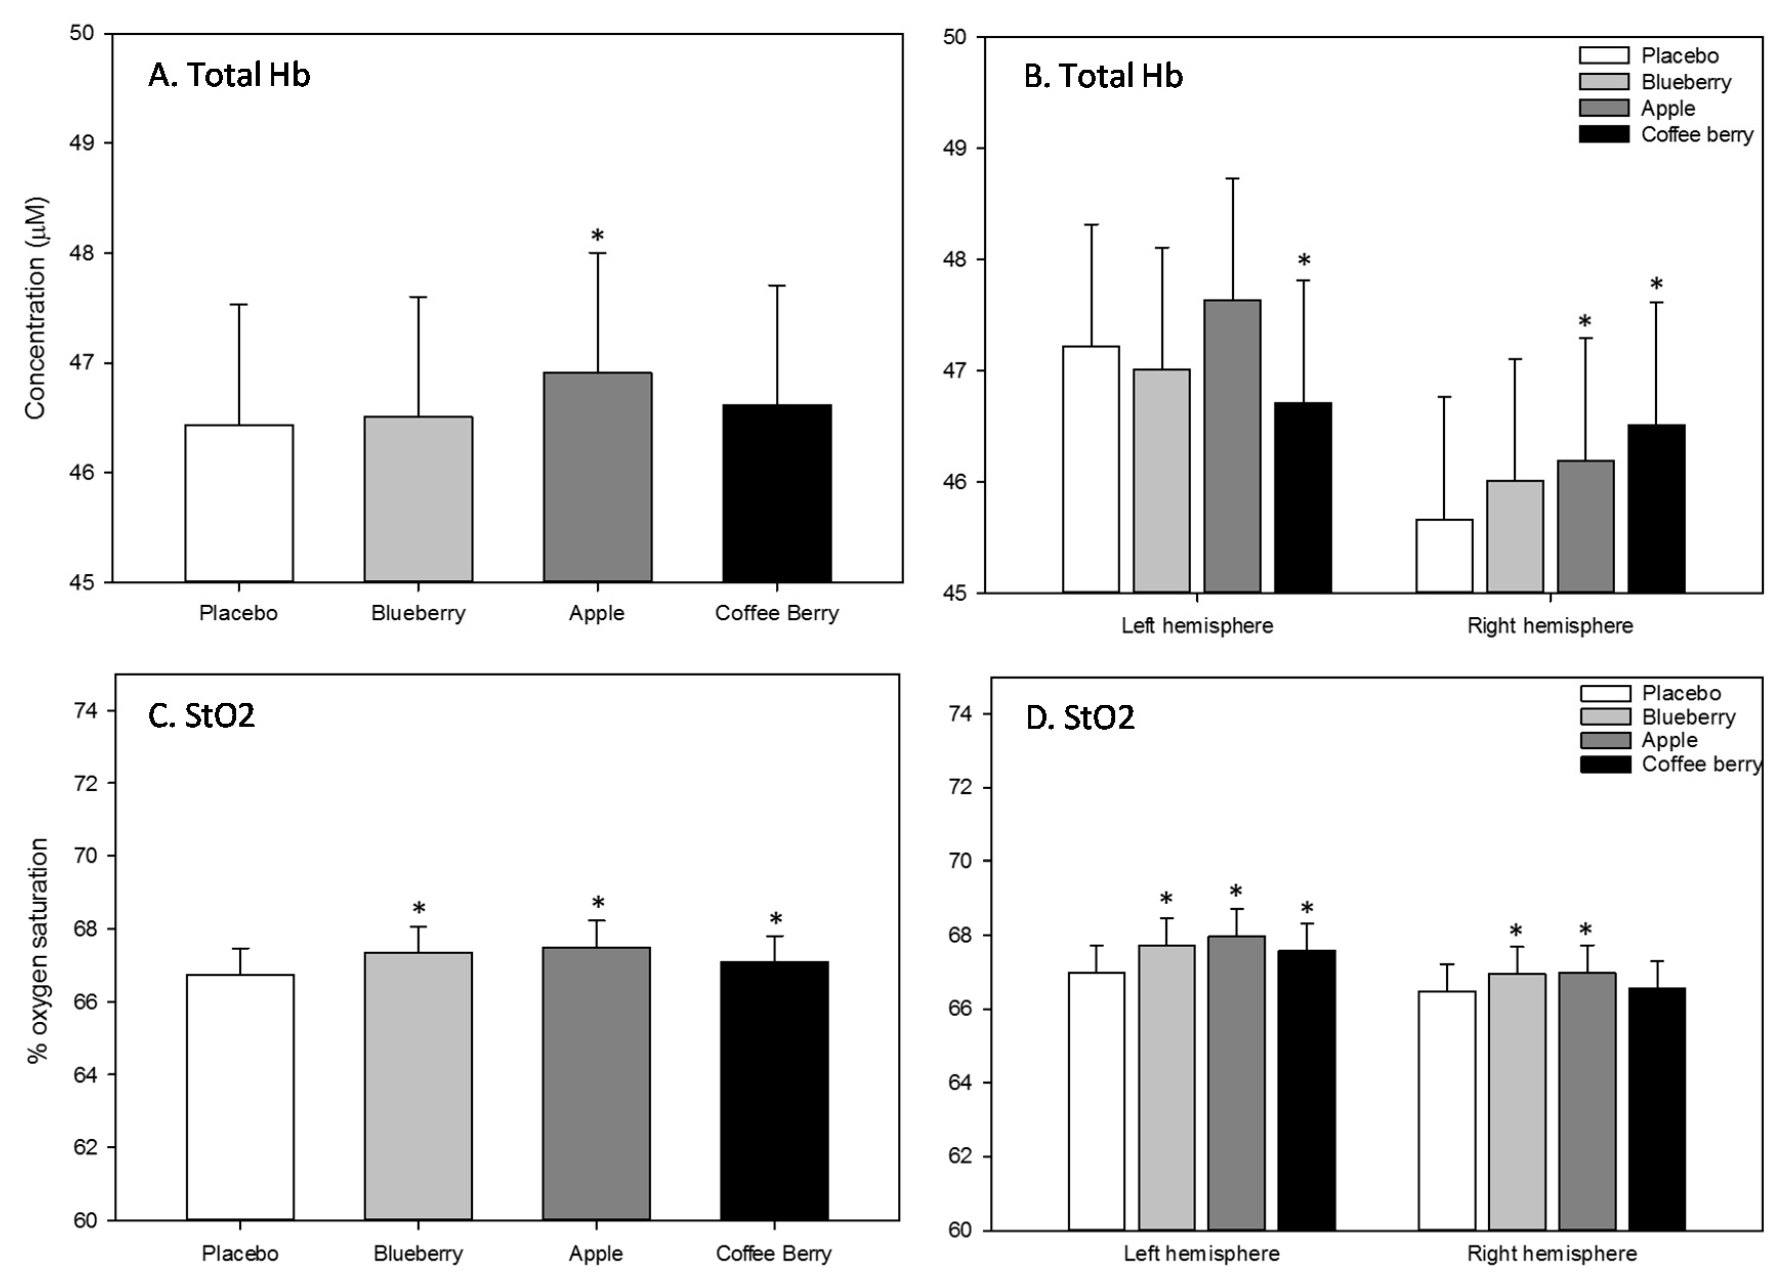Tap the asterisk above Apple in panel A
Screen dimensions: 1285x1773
coord(597,235)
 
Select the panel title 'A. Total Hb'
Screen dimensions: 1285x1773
coord(229,75)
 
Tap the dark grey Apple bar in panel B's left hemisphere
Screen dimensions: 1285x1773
coord(1232,446)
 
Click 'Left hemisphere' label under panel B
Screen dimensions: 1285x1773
coord(1197,626)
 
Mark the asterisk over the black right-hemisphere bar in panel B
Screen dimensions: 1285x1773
coord(1657,285)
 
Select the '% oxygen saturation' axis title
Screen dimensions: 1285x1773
coord(37,950)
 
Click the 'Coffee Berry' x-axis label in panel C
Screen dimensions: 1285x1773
coord(773,1254)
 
